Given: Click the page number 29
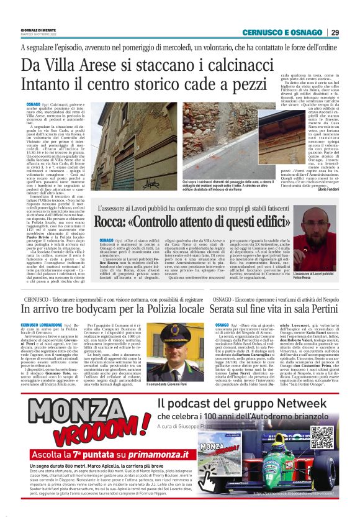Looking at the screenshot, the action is coord(335,32).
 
